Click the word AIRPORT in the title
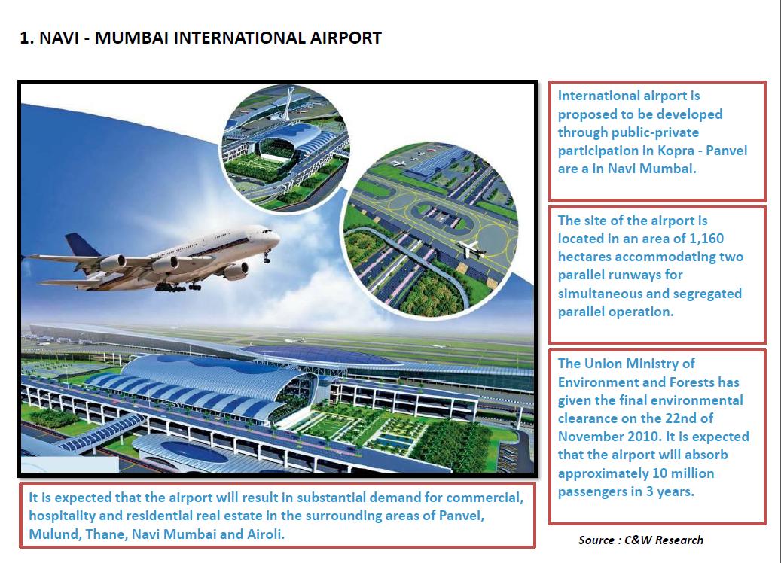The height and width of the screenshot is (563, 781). pos(346,38)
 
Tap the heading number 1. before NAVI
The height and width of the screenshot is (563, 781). pos(27,38)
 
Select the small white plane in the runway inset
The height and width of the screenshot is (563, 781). pos(470,248)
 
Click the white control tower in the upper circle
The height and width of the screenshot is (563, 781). pos(288,105)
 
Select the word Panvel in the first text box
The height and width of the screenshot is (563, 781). pos(727,151)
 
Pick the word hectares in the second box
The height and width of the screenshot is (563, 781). pos(584,257)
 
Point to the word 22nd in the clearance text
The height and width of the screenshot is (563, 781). pos(680,418)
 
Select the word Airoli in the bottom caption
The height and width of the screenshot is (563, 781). pos(266,534)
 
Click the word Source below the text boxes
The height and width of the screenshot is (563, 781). pos(596,540)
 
